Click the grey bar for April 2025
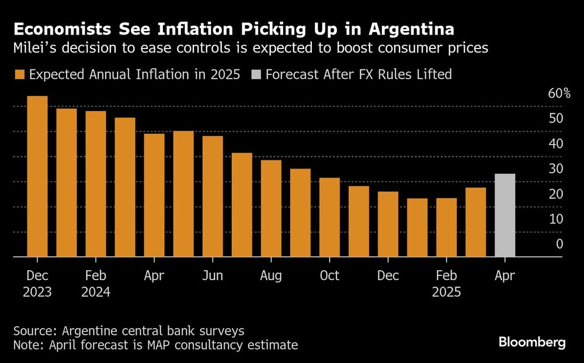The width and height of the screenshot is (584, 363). [505, 215]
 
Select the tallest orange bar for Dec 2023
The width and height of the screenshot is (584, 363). [37, 176]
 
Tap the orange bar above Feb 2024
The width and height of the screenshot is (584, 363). [96, 184]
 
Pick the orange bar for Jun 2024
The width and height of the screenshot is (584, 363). [213, 196]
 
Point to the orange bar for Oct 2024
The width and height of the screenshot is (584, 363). [329, 217]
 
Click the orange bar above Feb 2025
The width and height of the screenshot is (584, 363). [446, 227]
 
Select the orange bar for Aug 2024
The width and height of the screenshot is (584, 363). [271, 208]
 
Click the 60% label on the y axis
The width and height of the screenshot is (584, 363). [558, 93]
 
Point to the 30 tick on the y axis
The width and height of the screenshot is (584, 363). [555, 169]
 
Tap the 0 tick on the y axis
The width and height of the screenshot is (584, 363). [559, 244]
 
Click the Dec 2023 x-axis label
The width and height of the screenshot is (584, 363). [37, 284]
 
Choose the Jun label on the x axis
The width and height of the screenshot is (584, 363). [213, 275]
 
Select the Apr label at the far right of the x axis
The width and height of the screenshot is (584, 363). [505, 275]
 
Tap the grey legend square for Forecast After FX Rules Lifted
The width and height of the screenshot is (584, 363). [255, 75]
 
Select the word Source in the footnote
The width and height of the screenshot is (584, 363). [32, 331]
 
